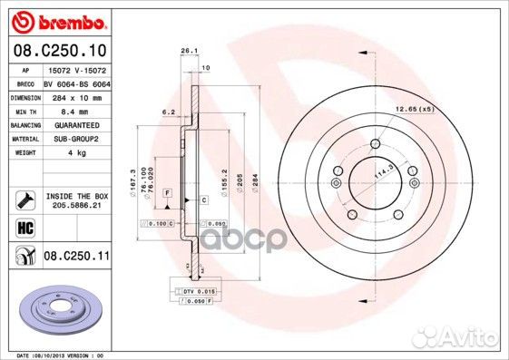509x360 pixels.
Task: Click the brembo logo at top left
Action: [57, 19]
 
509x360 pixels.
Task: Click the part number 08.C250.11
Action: [76, 258]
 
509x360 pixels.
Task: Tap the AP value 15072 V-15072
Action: [76, 69]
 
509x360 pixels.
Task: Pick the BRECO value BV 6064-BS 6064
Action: [76, 83]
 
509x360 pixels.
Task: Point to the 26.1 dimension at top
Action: [189, 51]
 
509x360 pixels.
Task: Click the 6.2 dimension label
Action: [167, 112]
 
